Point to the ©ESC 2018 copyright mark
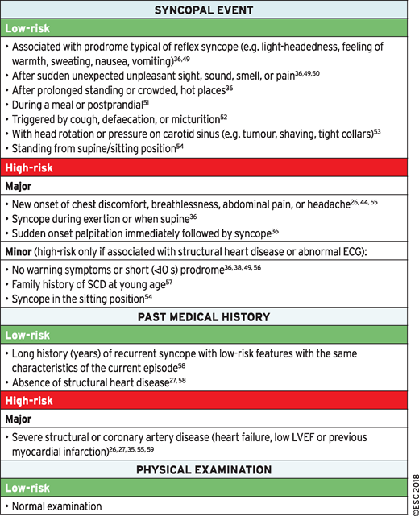tap(412, 484)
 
